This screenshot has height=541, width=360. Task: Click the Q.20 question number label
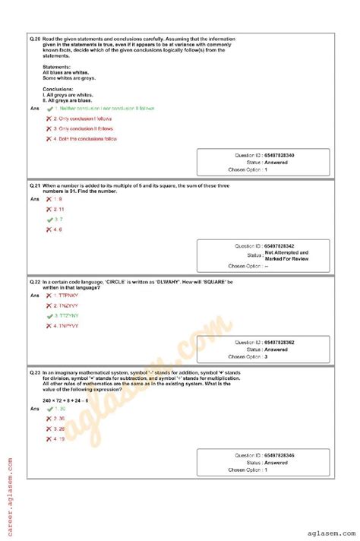click(x=35, y=38)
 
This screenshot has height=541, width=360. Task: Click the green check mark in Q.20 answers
click(x=49, y=109)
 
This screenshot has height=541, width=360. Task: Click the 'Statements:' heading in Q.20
click(x=58, y=67)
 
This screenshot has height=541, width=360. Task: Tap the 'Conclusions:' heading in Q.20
click(x=61, y=88)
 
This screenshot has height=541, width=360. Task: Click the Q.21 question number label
click(x=35, y=185)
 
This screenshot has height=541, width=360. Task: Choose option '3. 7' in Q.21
click(x=58, y=219)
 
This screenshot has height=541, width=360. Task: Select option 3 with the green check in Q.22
click(x=68, y=315)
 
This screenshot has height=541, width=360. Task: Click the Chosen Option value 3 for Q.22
click(x=266, y=356)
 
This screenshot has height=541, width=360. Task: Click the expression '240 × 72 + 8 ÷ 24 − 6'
click(x=65, y=400)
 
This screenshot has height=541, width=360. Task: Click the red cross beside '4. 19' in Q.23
click(x=49, y=438)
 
